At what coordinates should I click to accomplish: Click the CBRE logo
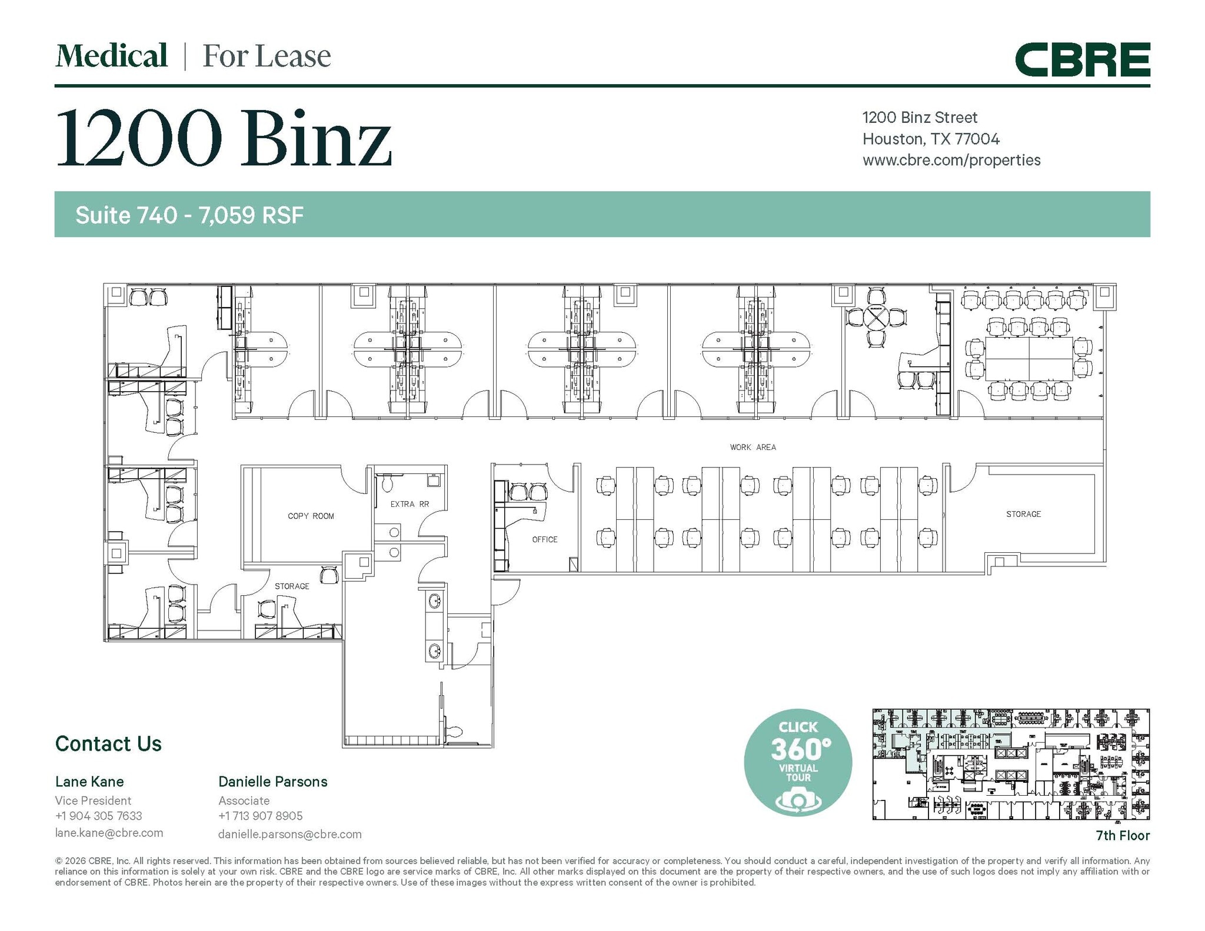pyautogui.click(x=1082, y=59)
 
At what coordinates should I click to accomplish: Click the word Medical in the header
pyautogui.click(x=111, y=56)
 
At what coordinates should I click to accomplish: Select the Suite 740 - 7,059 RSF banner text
pyautogui.click(x=189, y=215)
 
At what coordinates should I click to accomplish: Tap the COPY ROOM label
pyautogui.click(x=311, y=516)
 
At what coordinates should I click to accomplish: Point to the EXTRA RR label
pyautogui.click(x=410, y=504)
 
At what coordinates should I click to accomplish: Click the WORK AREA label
pyautogui.click(x=753, y=448)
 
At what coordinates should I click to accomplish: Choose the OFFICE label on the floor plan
pyautogui.click(x=544, y=539)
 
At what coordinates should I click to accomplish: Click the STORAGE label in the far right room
pyautogui.click(x=1023, y=514)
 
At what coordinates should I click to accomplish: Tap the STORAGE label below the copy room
pyautogui.click(x=292, y=586)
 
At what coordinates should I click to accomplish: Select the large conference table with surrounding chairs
pyautogui.click(x=1029, y=358)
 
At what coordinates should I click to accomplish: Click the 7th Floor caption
pyautogui.click(x=1122, y=835)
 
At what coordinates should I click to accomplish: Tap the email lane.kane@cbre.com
pyautogui.click(x=109, y=833)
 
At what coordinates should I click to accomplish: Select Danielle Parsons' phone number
pyautogui.click(x=260, y=816)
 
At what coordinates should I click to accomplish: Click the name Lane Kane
pyautogui.click(x=89, y=782)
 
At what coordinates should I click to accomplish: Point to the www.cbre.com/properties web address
pyautogui.click(x=951, y=160)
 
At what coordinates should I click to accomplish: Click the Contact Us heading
pyautogui.click(x=108, y=743)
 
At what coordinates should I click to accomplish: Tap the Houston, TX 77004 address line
pyautogui.click(x=931, y=139)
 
